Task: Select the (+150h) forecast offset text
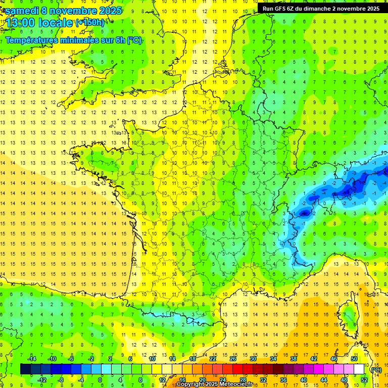tap(90, 23)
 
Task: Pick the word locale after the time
tap(56, 23)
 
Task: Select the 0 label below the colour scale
tap(100, 380)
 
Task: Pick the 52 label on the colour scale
tap(364, 380)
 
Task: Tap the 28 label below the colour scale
tap(243, 380)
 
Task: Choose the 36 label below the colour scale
tap(283, 380)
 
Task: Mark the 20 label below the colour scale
tap(202, 380)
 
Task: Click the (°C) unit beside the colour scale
tap(376, 369)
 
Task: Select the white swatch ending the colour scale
tap(359, 369)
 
